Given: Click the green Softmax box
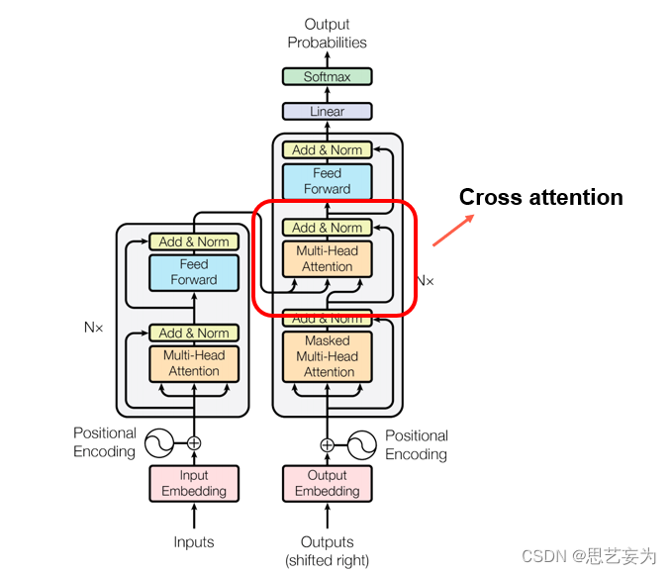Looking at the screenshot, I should tap(327, 76).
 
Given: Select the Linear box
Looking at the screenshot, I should tap(327, 112).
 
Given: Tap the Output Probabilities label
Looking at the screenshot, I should tap(327, 34).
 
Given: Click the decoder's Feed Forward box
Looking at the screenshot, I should tap(327, 181).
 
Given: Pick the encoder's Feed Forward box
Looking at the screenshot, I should tap(194, 272).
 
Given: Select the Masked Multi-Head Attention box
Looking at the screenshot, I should tap(327, 356).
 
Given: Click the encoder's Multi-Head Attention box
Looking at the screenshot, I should tap(194, 363).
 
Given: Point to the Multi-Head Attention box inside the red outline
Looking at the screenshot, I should tap(327, 258).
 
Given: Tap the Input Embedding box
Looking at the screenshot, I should tap(194, 483).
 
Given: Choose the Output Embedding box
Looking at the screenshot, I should tap(327, 483).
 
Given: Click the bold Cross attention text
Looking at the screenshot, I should tap(540, 198).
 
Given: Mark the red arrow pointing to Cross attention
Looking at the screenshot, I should tap(452, 230).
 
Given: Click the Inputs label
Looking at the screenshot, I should tap(194, 542).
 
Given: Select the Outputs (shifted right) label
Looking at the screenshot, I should tap(327, 551).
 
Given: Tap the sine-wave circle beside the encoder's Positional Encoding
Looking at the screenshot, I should tap(159, 443).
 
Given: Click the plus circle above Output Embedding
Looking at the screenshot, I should tap(327, 444).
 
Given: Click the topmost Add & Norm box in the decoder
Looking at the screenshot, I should tap(327, 150).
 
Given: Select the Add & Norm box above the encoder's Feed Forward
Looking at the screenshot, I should tap(194, 241).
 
